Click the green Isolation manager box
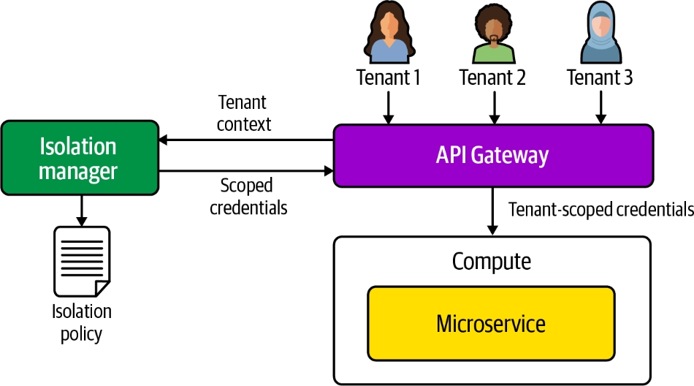point(79,158)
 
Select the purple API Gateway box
point(492,155)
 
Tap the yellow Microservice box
point(491,322)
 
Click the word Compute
point(491,261)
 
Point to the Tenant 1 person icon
point(389,32)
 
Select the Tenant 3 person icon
point(599,33)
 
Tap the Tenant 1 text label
point(389,77)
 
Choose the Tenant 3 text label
point(599,77)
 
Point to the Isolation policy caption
point(82,322)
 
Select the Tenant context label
point(244,113)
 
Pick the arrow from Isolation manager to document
point(82,210)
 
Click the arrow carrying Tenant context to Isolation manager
point(245,140)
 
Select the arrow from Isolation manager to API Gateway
point(245,172)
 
